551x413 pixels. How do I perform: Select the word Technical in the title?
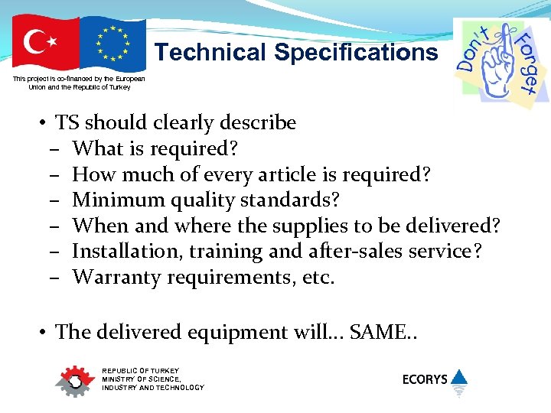click(x=210, y=53)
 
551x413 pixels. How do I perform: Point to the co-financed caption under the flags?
click(x=79, y=83)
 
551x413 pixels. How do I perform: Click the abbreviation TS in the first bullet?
click(x=67, y=122)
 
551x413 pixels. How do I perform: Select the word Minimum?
click(x=116, y=200)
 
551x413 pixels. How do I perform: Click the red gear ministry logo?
click(x=73, y=381)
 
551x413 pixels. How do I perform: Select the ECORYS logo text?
click(x=425, y=379)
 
